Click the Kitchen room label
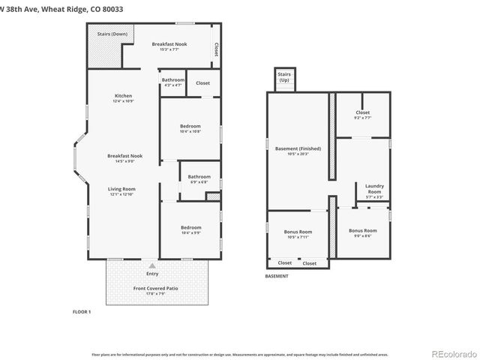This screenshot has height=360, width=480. pyautogui.click(x=123, y=96)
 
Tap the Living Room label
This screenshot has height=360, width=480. pyautogui.click(x=121, y=189)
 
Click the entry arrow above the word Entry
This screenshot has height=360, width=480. pyautogui.click(x=152, y=265)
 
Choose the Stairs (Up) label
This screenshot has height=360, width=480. pyautogui.click(x=284, y=76)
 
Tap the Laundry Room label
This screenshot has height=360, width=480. pyautogui.click(x=373, y=188)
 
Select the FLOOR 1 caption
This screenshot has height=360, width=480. pyautogui.click(x=81, y=311)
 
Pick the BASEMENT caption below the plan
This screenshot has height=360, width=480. pyautogui.click(x=277, y=276)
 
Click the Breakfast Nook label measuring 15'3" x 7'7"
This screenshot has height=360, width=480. pyautogui.click(x=169, y=45)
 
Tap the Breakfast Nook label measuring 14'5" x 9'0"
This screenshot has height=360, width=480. pyautogui.click(x=124, y=156)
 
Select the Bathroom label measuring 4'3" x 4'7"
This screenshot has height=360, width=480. pyautogui.click(x=172, y=79)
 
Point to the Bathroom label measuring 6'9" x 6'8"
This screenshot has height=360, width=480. pyautogui.click(x=199, y=176)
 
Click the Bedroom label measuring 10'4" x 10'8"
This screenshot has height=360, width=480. pyautogui.click(x=190, y=126)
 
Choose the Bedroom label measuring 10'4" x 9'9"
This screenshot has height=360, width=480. pyautogui.click(x=190, y=228)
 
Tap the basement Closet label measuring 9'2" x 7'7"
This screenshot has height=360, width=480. pyautogui.click(x=362, y=113)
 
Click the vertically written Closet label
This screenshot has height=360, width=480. pyautogui.click(x=216, y=49)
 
